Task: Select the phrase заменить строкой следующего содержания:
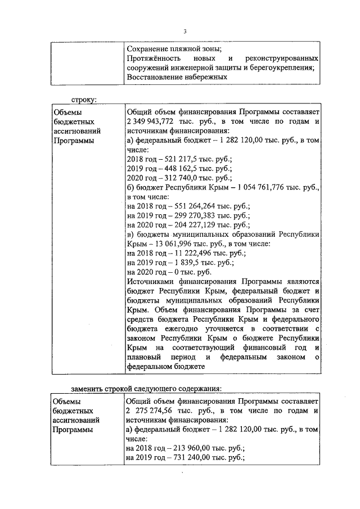pyautogui.click(x=146, y=388)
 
